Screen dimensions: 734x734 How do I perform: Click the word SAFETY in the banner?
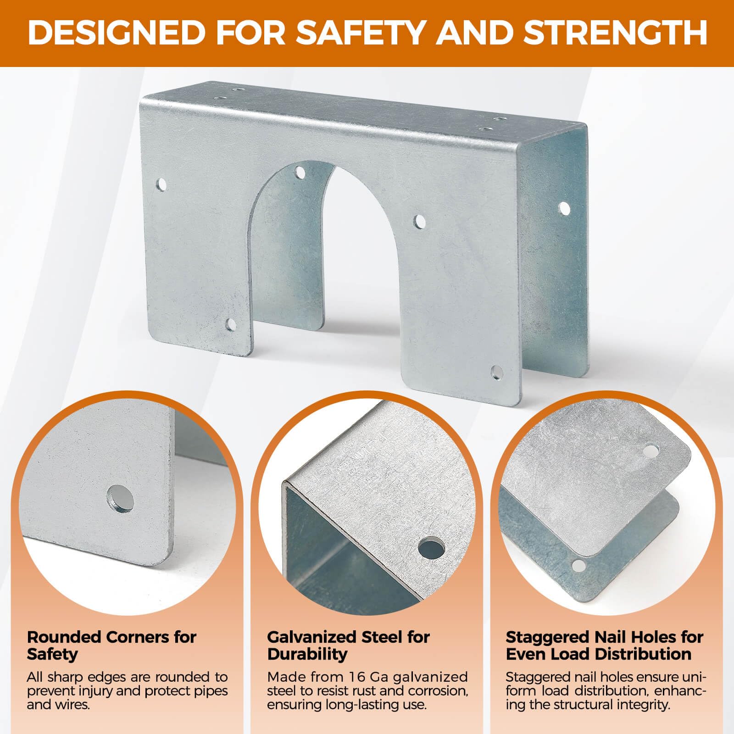(360, 33)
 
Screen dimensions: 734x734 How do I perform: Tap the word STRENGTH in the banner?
(615, 33)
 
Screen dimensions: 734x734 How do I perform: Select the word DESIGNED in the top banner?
(117, 33)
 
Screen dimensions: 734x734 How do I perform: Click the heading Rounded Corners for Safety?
(111, 645)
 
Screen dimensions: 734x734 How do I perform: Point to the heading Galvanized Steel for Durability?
(348, 645)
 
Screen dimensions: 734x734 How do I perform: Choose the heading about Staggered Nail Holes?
(605, 645)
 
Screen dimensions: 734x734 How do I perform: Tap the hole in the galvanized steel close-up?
(432, 548)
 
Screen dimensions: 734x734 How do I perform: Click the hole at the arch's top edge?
(300, 172)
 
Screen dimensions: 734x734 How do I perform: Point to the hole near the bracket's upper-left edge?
(161, 185)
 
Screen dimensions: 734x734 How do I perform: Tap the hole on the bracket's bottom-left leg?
(231, 325)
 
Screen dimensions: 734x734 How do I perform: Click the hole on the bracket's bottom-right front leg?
(496, 372)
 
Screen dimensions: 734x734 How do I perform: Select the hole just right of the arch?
(419, 222)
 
